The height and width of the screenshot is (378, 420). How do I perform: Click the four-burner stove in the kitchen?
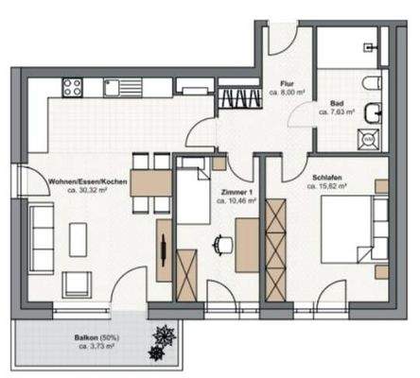click(72, 88)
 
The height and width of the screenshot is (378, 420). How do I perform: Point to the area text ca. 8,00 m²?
click(287, 93)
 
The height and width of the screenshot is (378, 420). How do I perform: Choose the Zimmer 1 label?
click(233, 191)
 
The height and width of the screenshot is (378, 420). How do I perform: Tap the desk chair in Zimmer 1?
click(223, 244)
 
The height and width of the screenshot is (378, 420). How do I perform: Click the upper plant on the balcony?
click(163, 334)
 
